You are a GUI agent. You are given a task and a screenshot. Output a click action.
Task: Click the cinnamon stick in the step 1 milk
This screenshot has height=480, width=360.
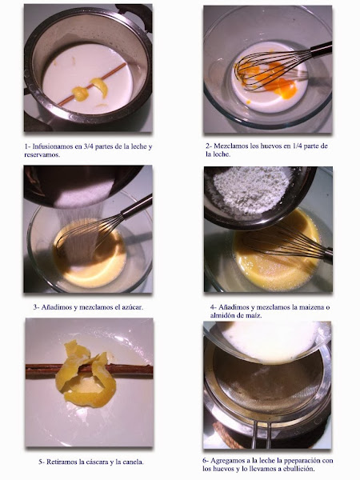[92, 85]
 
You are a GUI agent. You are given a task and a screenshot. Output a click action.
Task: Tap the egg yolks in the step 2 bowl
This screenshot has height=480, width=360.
[270, 80]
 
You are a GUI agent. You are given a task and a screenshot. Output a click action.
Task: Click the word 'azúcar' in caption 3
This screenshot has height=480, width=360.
[132, 307]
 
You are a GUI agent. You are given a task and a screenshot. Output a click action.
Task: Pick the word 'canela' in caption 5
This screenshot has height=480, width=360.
[134, 462]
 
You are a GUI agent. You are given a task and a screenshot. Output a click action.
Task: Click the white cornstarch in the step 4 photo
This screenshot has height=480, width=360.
[252, 189]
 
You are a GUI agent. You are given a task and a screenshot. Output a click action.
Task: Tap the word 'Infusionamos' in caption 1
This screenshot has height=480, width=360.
[51, 146]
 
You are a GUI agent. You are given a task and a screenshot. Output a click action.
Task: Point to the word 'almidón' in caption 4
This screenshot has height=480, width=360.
[222, 315]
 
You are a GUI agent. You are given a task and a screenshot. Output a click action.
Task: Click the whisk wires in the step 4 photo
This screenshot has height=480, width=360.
[282, 242]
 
